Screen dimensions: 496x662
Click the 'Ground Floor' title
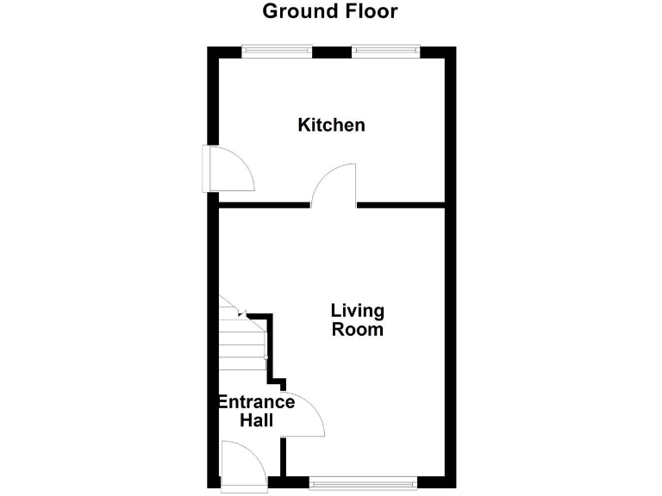330,12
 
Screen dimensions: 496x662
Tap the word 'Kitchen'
331,126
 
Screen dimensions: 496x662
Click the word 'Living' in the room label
358,311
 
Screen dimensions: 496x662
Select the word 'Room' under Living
358,330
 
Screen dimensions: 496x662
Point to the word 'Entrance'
255,402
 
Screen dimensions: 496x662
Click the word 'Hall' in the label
257,421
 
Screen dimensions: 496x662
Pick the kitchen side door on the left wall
226,168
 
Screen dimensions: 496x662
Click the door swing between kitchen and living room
334,184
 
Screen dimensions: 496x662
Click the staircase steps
241,340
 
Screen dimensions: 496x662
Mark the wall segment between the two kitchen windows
330,52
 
